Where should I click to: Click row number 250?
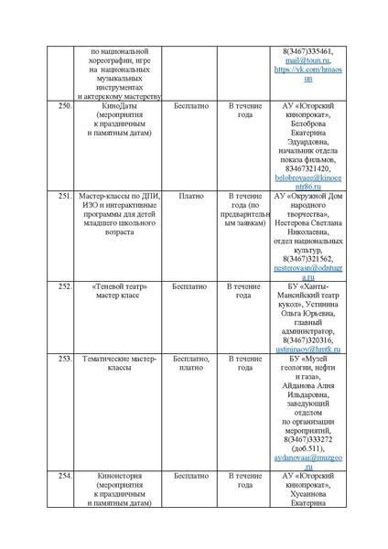coord(64,106)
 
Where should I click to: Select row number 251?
coord(64,196)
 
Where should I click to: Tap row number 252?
coord(64,285)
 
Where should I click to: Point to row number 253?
coord(64,358)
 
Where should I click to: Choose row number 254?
coord(64,476)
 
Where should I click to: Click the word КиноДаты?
coord(118,106)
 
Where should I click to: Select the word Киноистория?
coord(118,476)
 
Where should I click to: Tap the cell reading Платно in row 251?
coord(191,196)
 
